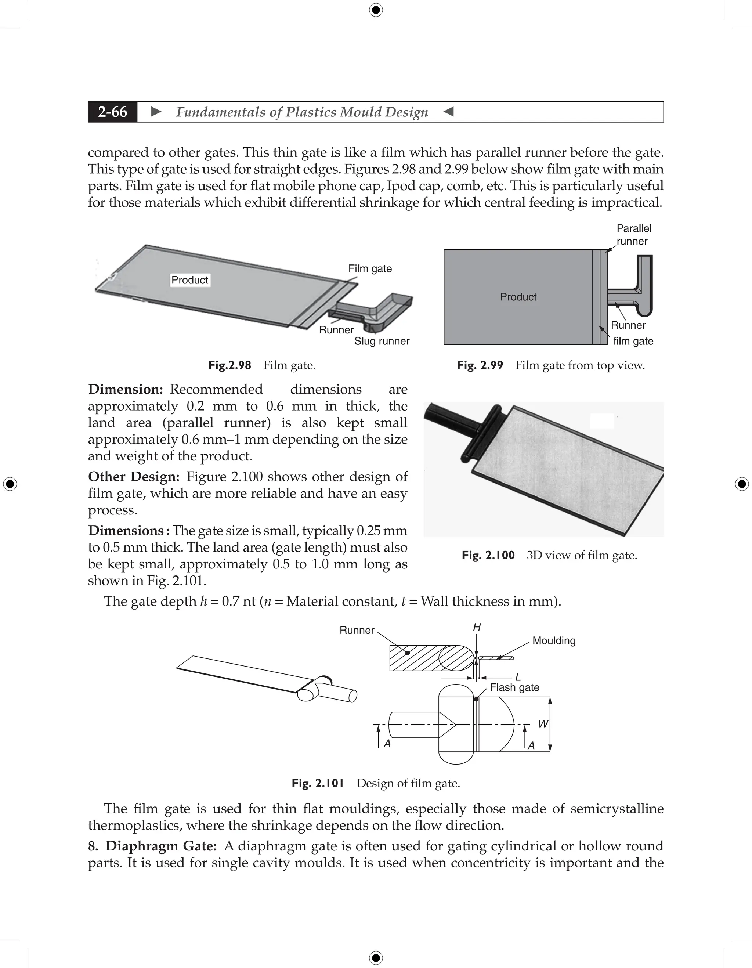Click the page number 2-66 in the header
click(x=113, y=112)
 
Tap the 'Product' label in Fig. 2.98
click(x=190, y=280)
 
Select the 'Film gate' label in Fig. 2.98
click(x=370, y=268)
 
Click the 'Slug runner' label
click(x=382, y=341)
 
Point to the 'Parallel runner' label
click(x=634, y=235)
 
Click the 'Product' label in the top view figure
click(x=518, y=297)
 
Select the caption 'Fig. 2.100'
click(x=488, y=555)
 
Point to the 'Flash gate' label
click(x=514, y=687)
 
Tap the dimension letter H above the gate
click(x=477, y=627)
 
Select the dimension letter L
click(x=518, y=677)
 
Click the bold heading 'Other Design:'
click(x=133, y=477)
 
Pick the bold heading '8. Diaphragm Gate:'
click(x=152, y=846)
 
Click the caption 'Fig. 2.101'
click(x=318, y=783)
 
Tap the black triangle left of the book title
click(x=156, y=112)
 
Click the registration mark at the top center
click(x=376, y=10)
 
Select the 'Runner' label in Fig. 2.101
click(x=357, y=630)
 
